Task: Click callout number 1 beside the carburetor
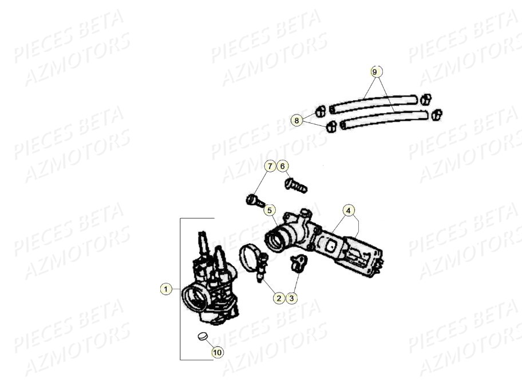(x=166, y=289)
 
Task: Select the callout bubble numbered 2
(x=279, y=298)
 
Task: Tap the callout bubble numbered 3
(x=292, y=298)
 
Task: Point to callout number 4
(x=349, y=210)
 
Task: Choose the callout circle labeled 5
(x=270, y=210)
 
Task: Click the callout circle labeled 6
(x=283, y=167)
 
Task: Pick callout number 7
(x=270, y=167)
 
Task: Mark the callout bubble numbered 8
(x=296, y=120)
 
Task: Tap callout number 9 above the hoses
(x=375, y=72)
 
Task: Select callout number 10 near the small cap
(x=217, y=352)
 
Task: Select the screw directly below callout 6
(x=295, y=184)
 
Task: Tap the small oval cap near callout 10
(x=201, y=336)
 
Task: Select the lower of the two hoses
(x=383, y=119)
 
